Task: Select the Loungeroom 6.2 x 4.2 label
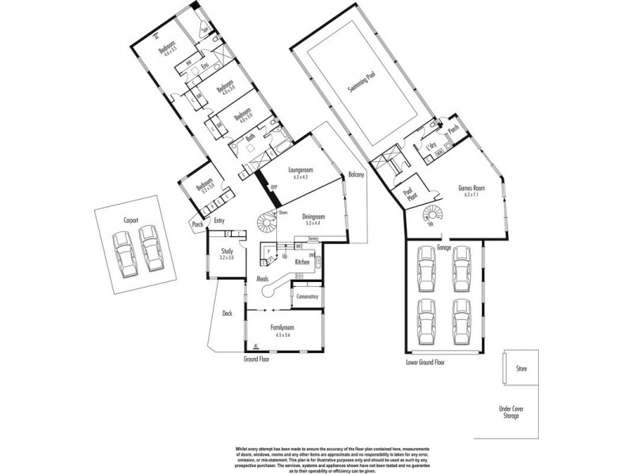click(x=301, y=173)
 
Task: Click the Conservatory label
click(x=307, y=297)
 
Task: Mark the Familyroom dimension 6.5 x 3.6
click(x=283, y=335)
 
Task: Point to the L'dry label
click(x=432, y=149)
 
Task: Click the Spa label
click(x=204, y=33)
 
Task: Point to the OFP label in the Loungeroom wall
click(x=274, y=187)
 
